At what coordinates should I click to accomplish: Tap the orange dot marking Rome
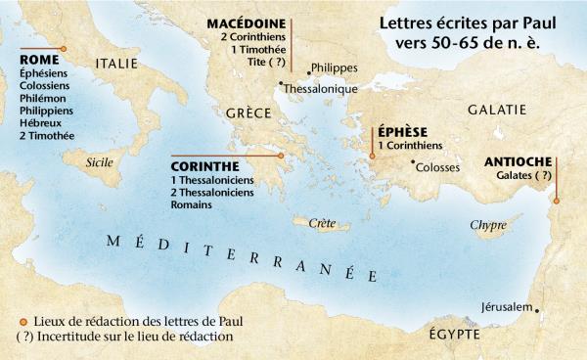coord(64,48)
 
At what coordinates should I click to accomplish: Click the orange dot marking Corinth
coord(280,155)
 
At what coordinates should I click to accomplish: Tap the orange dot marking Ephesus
coord(372,155)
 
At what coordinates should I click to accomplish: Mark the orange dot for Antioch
coord(556,202)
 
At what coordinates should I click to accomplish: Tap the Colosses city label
coord(438,166)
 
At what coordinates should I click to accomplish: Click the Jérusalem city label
coord(506,307)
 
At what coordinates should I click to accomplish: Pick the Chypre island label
coord(488,225)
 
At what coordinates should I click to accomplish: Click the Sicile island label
coord(101,162)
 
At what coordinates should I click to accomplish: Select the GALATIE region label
coord(499,112)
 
